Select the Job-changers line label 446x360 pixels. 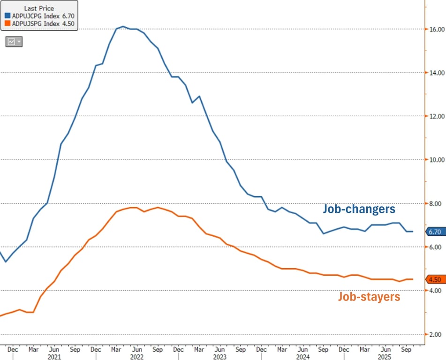pyautogui.click(x=359, y=209)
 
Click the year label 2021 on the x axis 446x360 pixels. pyautogui.click(x=55, y=356)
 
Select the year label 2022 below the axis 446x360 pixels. pyautogui.click(x=137, y=356)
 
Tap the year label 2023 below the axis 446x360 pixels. pyautogui.click(x=219, y=356)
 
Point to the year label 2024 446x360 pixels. pyautogui.click(x=302, y=356)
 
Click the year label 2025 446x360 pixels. pyautogui.click(x=384, y=356)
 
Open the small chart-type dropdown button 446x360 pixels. pyautogui.click(x=14, y=42)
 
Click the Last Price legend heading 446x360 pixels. pyautogui.click(x=38, y=8)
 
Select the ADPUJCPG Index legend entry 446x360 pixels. pyautogui.click(x=40, y=16)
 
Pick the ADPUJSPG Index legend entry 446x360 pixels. pyautogui.click(x=40, y=23)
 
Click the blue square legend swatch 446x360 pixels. pyautogui.click(x=7, y=16)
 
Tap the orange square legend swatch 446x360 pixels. pyautogui.click(x=7, y=23)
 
